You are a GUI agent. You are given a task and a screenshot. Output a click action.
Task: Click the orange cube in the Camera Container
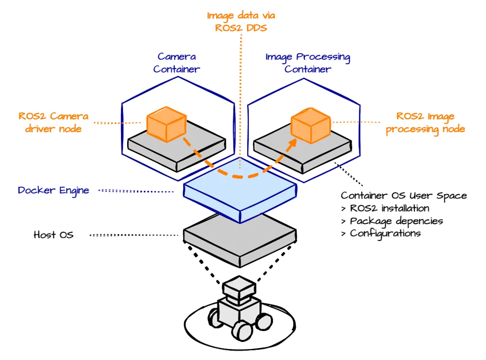pyautogui.click(x=165, y=122)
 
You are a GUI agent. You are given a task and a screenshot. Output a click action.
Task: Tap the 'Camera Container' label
pyautogui.click(x=177, y=63)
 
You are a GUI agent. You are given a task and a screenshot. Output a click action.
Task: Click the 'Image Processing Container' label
pyautogui.click(x=308, y=63)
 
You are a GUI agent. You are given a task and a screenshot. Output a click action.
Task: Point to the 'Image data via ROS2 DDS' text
pyautogui.click(x=241, y=21)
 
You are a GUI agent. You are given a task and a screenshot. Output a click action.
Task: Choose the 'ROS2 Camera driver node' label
pyautogui.click(x=53, y=122)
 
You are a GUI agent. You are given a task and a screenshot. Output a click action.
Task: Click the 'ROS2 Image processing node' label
pyautogui.click(x=425, y=123)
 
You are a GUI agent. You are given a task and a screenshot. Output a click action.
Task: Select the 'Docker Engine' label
pyautogui.click(x=54, y=190)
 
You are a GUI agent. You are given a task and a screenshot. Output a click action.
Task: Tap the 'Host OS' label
pyautogui.click(x=54, y=235)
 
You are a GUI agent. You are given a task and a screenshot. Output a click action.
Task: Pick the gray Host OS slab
pyautogui.click(x=240, y=237)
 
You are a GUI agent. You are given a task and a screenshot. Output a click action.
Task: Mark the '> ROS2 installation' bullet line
pyautogui.click(x=385, y=208)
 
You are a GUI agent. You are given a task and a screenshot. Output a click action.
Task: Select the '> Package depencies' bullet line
pyautogui.click(x=392, y=221)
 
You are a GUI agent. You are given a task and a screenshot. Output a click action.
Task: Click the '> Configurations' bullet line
pyautogui.click(x=381, y=233)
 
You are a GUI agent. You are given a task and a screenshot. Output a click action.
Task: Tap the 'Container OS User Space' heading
pyautogui.click(x=404, y=196)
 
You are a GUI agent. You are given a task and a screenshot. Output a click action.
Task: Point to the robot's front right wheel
pyautogui.click(x=243, y=330)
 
